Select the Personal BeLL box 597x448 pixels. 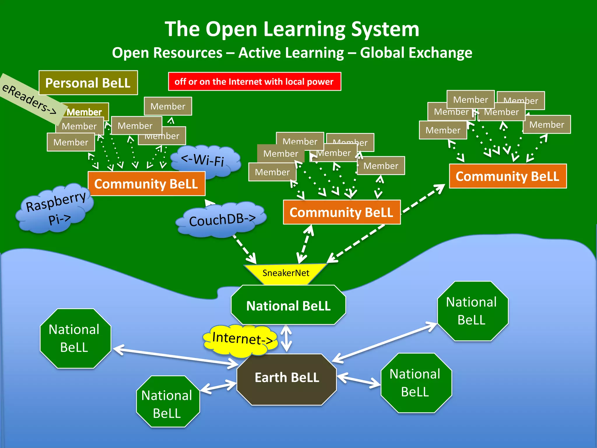[x=88, y=83]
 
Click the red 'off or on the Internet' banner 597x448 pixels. [x=254, y=82]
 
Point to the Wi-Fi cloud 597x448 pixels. [x=204, y=160]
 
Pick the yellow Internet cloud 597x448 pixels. [x=240, y=340]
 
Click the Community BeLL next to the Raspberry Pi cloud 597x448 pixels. [x=146, y=184]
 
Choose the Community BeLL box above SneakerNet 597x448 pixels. [x=342, y=212]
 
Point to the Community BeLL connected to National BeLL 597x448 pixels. [x=342, y=212]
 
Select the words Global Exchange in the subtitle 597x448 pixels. [x=416, y=53]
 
